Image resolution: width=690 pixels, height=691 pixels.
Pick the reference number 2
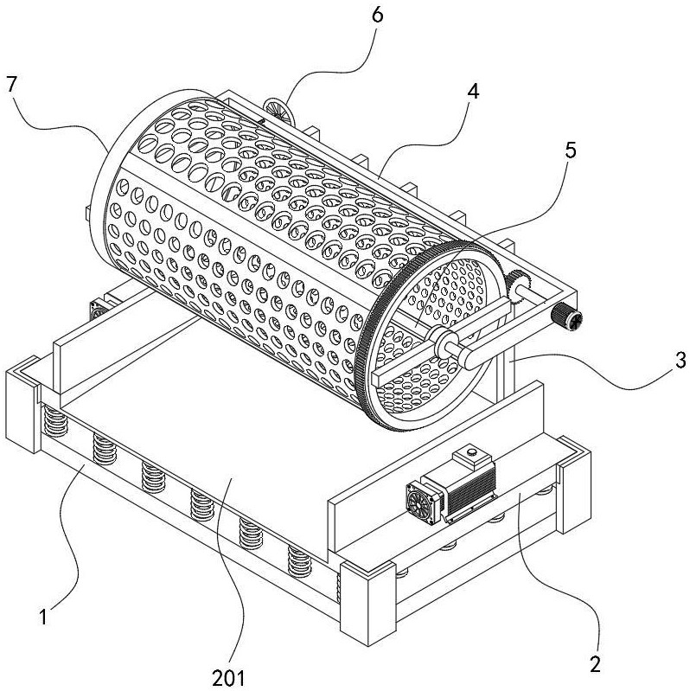coord(595,665)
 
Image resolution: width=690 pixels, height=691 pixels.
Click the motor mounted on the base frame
coord(450,489)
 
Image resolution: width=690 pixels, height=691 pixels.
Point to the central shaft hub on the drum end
coord(448,345)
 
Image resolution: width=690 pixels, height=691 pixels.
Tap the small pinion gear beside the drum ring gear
coord(520,284)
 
